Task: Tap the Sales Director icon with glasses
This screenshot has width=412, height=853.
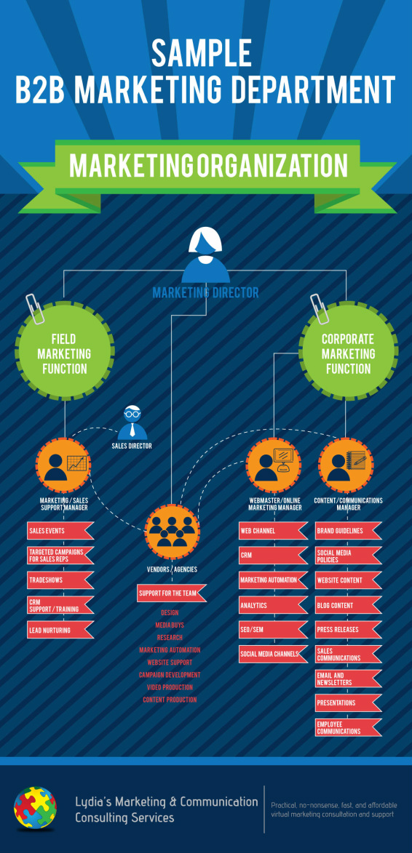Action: (x=131, y=423)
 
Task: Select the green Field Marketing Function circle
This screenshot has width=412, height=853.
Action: (x=64, y=353)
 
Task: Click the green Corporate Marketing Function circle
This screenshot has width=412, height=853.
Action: (x=349, y=353)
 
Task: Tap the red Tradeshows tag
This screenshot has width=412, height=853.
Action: (x=60, y=580)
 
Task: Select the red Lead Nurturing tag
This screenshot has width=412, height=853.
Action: (x=60, y=630)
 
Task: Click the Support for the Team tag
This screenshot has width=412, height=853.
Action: (x=172, y=593)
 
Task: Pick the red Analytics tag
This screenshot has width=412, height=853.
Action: (x=273, y=605)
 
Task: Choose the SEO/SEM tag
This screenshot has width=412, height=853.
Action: (x=273, y=630)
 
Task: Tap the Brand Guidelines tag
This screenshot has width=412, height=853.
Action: (x=349, y=530)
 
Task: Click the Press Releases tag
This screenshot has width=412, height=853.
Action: (x=349, y=630)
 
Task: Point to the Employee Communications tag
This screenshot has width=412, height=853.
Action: (x=349, y=728)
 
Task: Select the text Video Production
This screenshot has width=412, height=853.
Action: (x=170, y=687)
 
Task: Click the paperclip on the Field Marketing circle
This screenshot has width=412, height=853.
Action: (x=33, y=309)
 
